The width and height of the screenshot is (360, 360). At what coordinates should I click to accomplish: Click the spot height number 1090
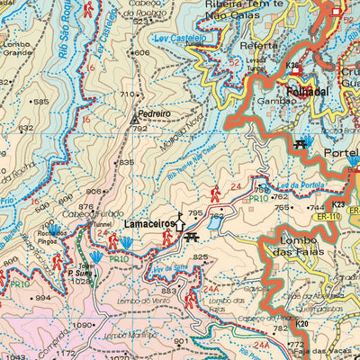pos(84,325)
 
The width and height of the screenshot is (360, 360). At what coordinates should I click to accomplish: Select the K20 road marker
pos(301,323)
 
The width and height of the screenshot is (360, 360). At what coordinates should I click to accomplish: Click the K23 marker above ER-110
pos(337,204)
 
